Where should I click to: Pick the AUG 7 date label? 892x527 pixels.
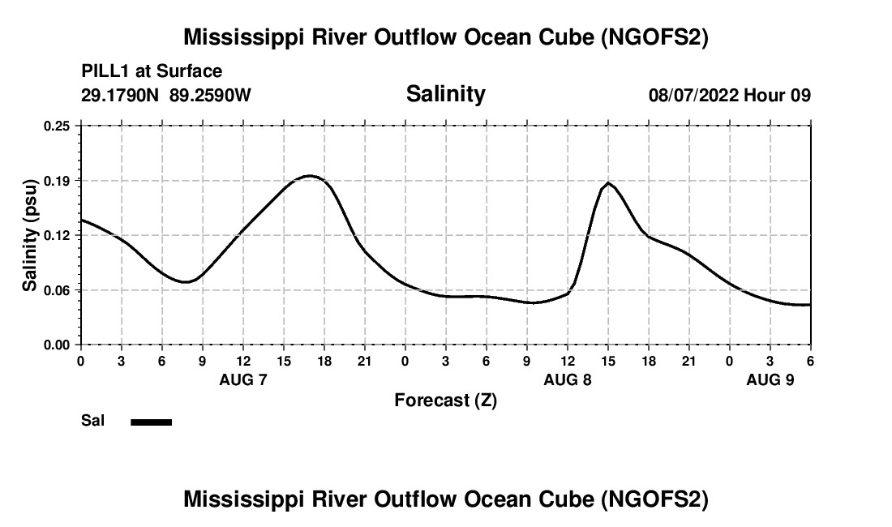[243, 379]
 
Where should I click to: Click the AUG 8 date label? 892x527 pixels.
[568, 379]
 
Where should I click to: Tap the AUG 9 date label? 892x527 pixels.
[770, 379]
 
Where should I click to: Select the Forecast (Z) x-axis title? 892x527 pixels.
[445, 400]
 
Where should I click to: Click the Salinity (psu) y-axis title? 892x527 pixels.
[30, 235]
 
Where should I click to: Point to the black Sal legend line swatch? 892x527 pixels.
[151, 422]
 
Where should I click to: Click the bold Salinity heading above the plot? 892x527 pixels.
[445, 94]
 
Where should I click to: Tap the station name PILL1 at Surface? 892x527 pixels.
[152, 72]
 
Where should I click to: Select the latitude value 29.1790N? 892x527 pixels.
[121, 95]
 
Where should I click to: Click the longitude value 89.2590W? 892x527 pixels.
[211, 95]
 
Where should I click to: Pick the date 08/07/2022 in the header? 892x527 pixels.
[693, 95]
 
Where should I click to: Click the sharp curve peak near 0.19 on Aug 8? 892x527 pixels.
[608, 182]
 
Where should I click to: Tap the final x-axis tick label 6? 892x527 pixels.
[810, 361]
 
